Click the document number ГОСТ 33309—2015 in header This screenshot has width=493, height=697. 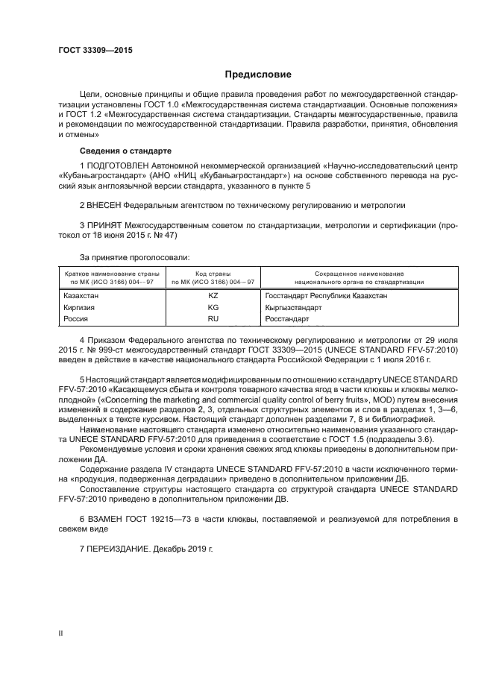point(92,50)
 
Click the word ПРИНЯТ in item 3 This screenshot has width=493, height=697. point(107,222)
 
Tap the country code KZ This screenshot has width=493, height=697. point(213,295)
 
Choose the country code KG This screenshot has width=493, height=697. point(213,306)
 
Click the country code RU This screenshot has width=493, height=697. point(213,318)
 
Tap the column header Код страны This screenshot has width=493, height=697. point(213,274)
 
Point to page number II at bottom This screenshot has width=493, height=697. point(61,633)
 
